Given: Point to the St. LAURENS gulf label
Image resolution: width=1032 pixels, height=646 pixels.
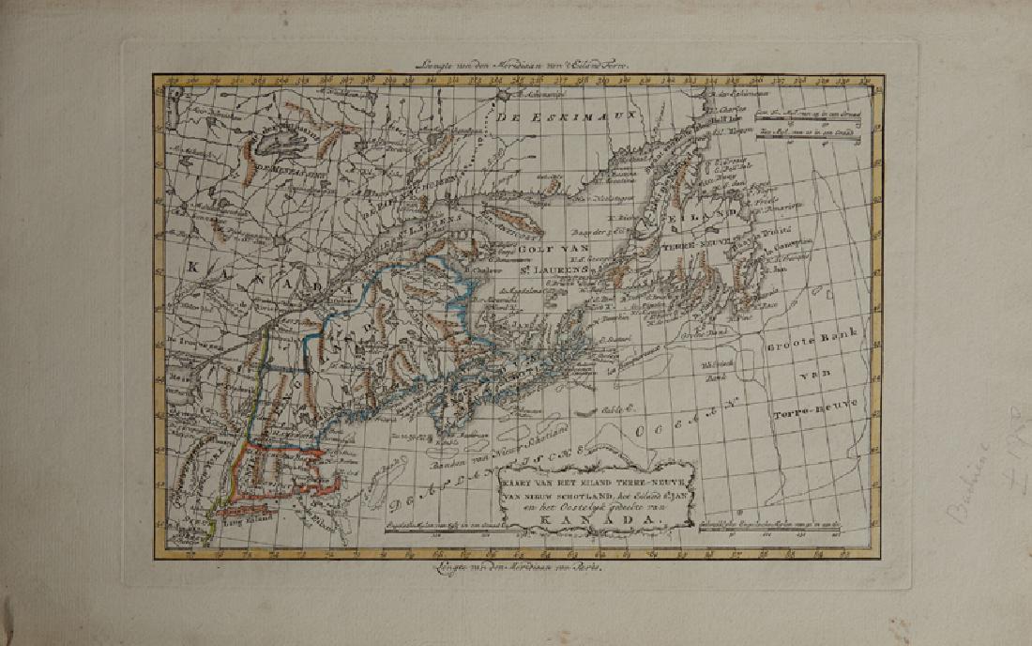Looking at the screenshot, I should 553,269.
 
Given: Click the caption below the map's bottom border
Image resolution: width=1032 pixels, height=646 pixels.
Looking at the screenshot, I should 515,566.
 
